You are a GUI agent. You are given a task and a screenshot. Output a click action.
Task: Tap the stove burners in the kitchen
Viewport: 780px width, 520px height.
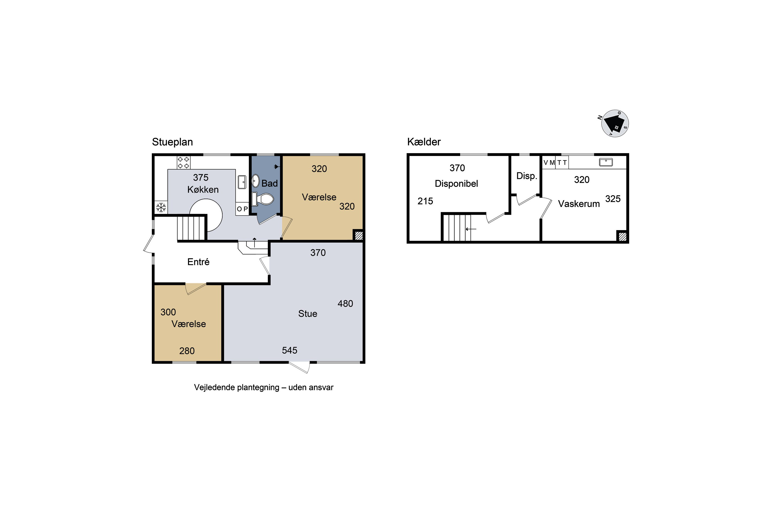pyautogui.click(x=183, y=162)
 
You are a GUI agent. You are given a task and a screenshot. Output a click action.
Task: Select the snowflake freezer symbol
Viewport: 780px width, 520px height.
pyautogui.click(x=161, y=207)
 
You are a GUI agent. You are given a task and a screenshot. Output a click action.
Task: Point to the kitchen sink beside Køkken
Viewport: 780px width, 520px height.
pyautogui.click(x=242, y=182)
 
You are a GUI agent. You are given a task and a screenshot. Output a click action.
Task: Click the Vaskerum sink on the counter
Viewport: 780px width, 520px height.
pyautogui.click(x=606, y=162)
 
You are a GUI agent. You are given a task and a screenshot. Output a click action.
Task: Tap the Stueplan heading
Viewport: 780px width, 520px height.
pyautogui.click(x=172, y=142)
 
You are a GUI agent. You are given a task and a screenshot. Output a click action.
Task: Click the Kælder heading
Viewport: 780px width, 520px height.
pyautogui.click(x=424, y=142)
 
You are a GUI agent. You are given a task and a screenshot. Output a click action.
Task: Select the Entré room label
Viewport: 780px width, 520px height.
pyautogui.click(x=198, y=262)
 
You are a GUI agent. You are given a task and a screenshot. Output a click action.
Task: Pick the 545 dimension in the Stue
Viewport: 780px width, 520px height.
pyautogui.click(x=290, y=350)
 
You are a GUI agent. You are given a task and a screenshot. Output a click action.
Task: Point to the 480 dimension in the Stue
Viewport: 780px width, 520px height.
pyautogui.click(x=345, y=303)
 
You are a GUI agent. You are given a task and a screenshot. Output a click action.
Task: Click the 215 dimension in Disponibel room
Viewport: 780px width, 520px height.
pyautogui.click(x=425, y=201)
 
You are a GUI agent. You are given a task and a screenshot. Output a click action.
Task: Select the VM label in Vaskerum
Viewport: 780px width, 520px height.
pyautogui.click(x=549, y=163)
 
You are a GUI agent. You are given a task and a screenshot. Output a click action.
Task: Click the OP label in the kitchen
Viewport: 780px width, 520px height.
pyautogui.click(x=242, y=209)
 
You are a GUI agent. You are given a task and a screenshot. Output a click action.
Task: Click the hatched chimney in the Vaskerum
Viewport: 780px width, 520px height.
pyautogui.click(x=622, y=236)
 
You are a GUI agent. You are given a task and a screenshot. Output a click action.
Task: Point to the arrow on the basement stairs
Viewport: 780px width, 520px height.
pyautogui.click(x=471, y=229)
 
